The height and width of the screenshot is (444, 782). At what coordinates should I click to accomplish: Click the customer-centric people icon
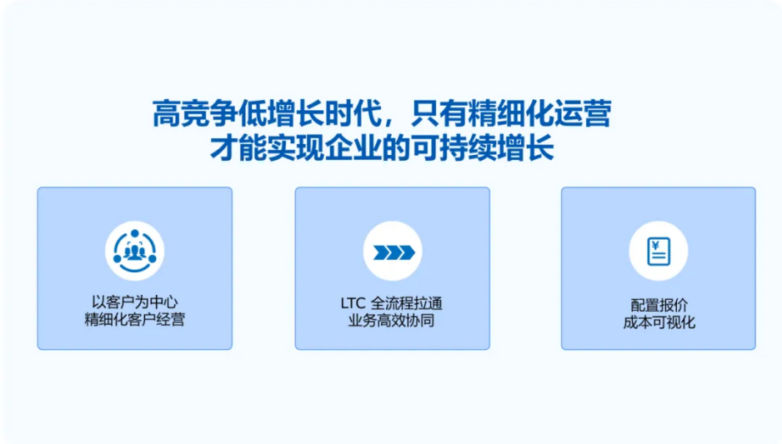[x=135, y=251]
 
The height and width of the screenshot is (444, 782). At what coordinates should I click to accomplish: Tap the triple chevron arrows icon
[x=394, y=252]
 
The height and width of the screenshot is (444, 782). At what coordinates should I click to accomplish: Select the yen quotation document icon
[x=659, y=251]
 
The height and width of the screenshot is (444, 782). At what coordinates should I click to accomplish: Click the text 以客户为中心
[x=135, y=302]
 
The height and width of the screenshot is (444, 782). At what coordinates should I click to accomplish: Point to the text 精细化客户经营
[x=135, y=319]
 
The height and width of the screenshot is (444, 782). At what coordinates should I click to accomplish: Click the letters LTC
[x=353, y=303]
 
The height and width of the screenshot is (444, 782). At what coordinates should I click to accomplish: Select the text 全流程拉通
[x=407, y=303]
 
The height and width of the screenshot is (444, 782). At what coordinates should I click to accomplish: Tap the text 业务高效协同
[x=392, y=321]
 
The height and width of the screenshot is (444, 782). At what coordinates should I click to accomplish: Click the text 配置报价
[x=659, y=305]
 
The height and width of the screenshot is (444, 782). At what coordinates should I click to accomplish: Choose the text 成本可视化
[x=659, y=322]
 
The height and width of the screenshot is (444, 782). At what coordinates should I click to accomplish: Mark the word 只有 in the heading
[x=439, y=113]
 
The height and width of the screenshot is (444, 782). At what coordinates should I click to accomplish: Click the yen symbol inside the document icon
[x=655, y=246]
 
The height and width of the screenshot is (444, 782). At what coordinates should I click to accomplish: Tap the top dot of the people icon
[x=135, y=233]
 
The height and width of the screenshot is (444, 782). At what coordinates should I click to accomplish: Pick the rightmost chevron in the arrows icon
[x=408, y=252]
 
